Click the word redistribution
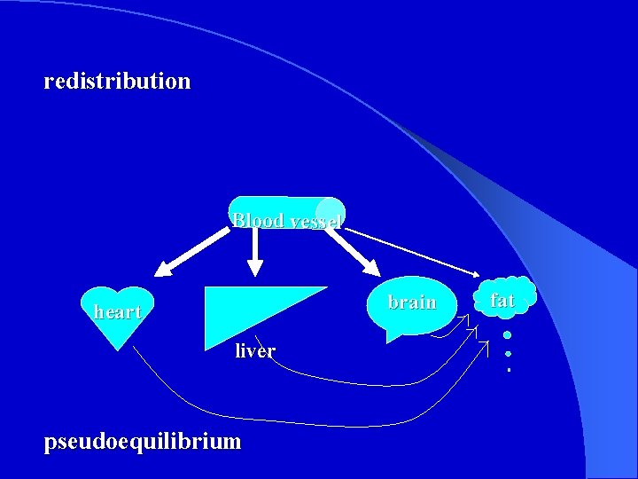click(x=117, y=82)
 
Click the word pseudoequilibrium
click(x=143, y=441)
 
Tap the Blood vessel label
click(x=285, y=220)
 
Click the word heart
click(x=117, y=312)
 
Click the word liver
click(x=255, y=351)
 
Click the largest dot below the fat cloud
click(x=507, y=335)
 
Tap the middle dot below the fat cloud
click(x=508, y=353)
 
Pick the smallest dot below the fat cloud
click(x=509, y=368)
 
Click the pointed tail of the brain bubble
click(x=392, y=338)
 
